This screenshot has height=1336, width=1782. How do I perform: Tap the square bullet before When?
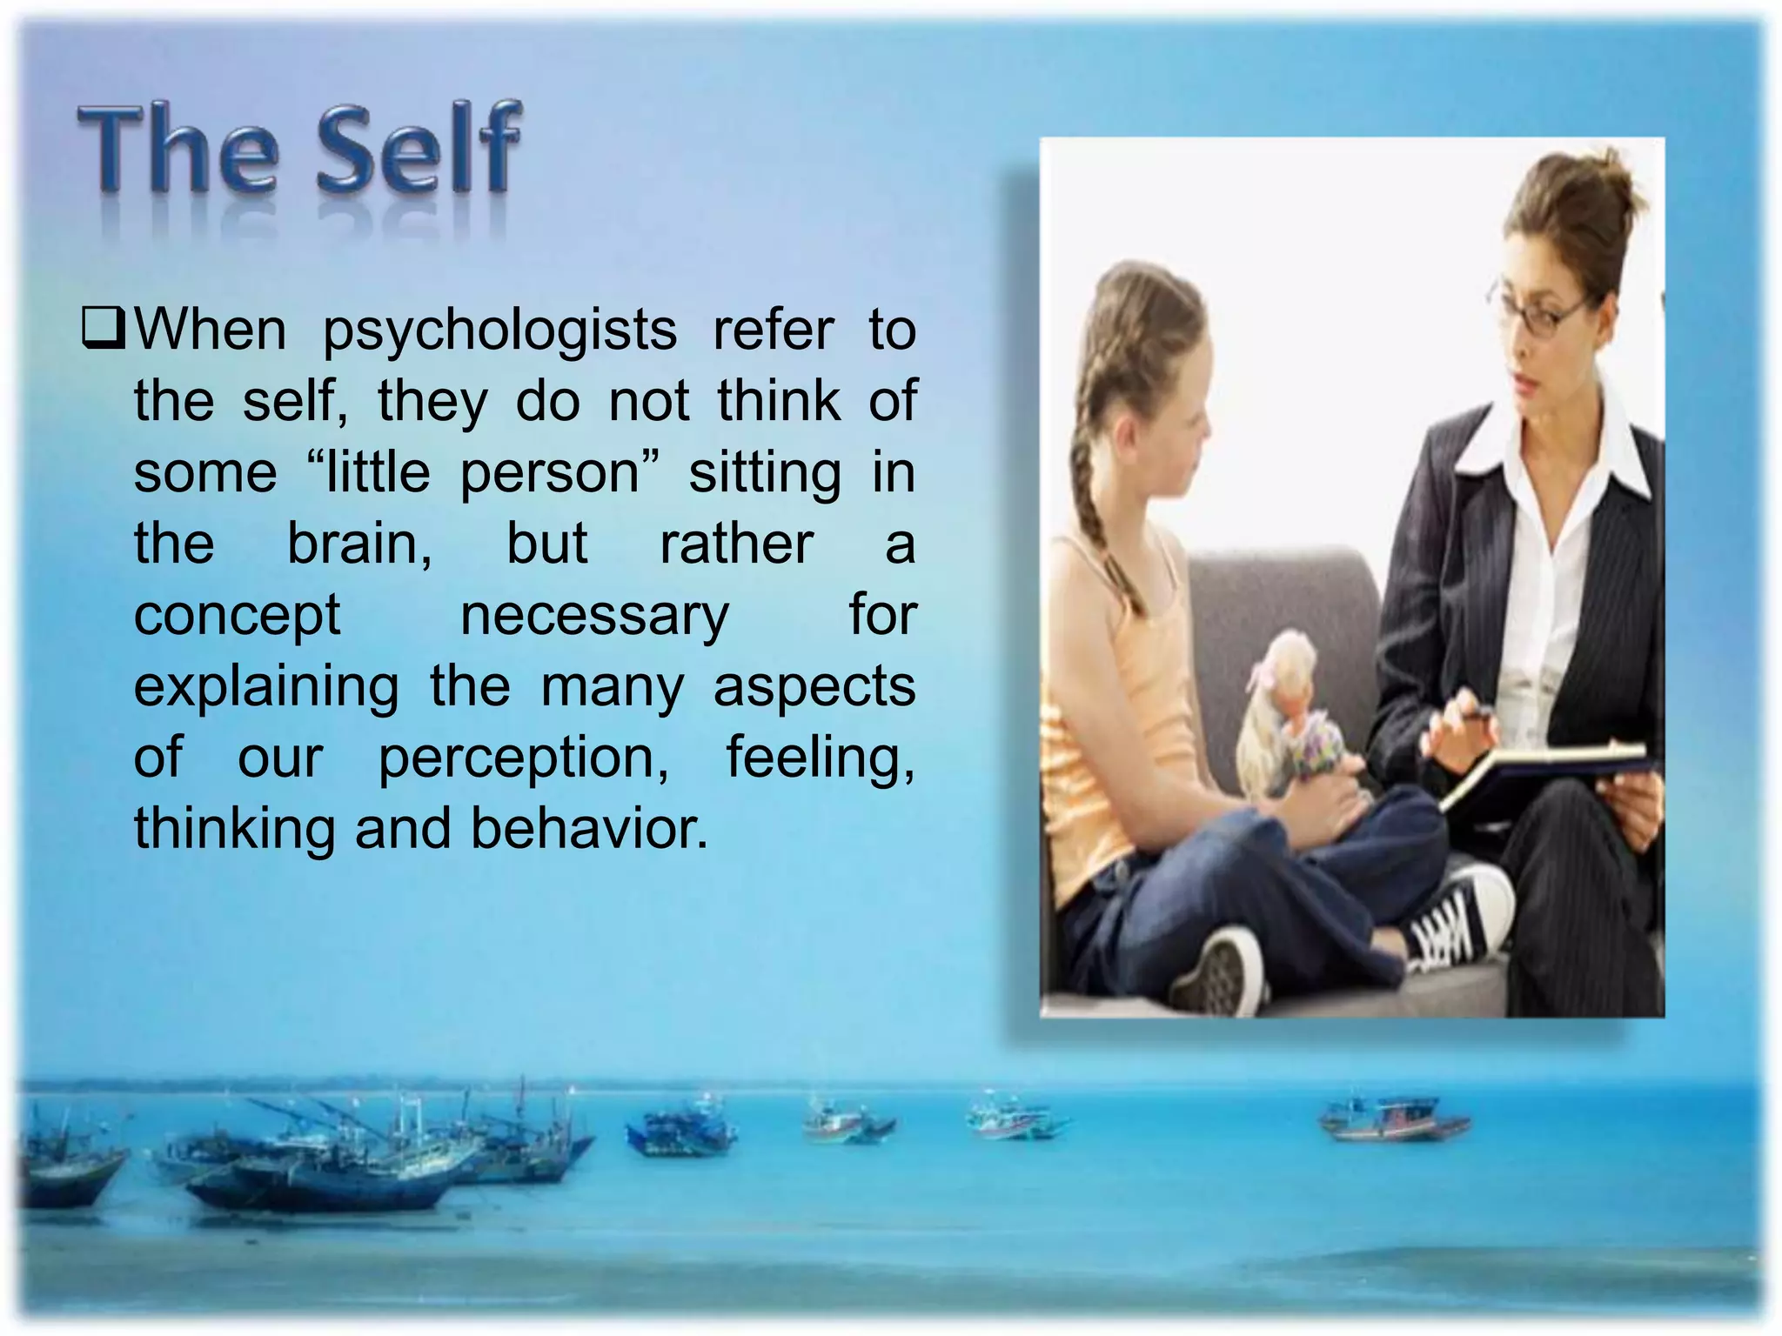coord(104,330)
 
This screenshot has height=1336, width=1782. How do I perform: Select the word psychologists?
coord(499,331)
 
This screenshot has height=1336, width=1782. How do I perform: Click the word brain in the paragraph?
coord(359,544)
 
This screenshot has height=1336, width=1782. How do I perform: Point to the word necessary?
coord(594,616)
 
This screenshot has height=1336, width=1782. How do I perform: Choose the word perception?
coord(524,758)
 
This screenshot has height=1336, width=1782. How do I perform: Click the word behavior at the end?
coord(589,828)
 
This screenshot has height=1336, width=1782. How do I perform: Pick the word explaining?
coord(266,687)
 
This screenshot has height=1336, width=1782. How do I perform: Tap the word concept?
coord(237,616)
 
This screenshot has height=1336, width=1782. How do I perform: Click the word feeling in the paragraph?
coord(821,758)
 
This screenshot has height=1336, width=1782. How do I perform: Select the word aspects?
coord(814,687)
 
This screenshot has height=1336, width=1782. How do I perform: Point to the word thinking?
coord(234,828)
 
